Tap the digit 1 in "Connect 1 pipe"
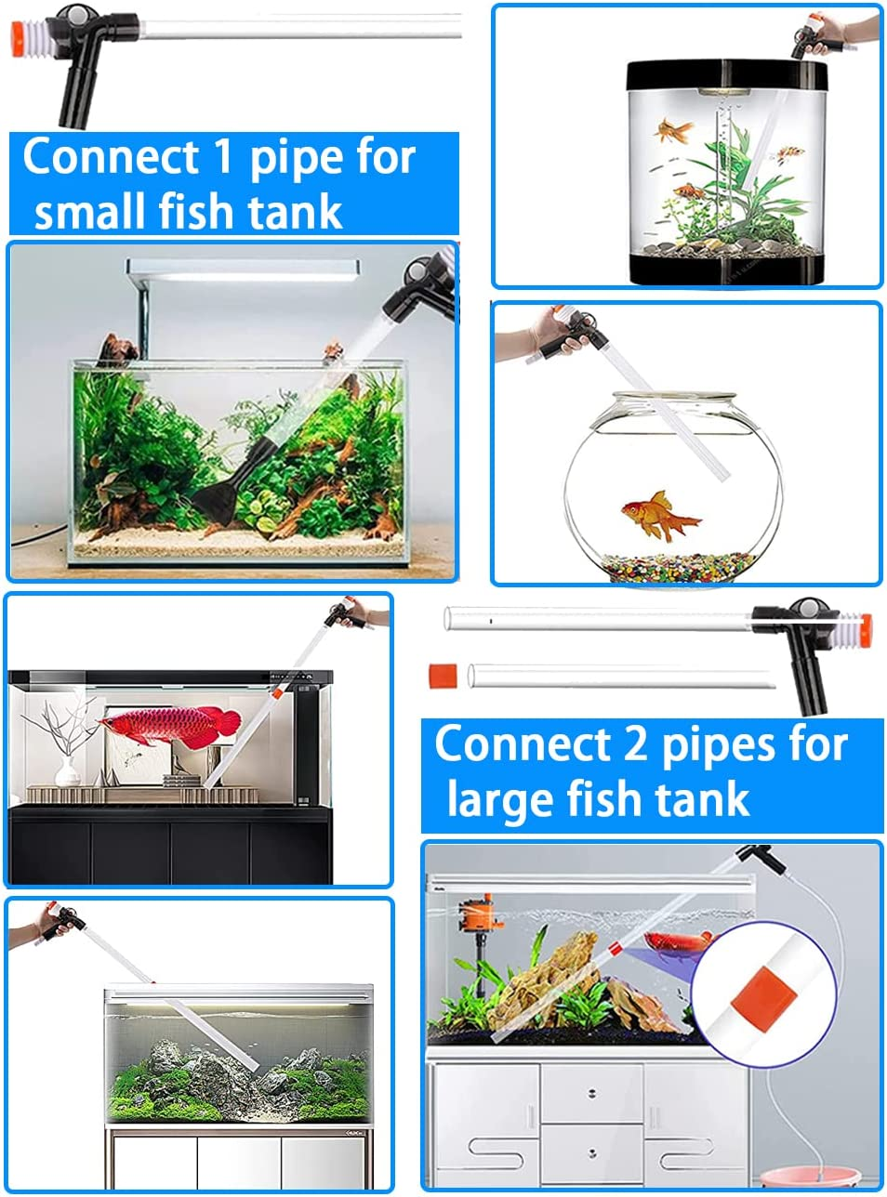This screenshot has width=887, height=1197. (223, 157)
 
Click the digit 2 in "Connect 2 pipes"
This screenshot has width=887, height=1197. (635, 744)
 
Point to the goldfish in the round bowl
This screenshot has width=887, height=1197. (658, 514)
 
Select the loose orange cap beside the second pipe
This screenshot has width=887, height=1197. (443, 675)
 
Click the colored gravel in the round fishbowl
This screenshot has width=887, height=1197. (673, 565)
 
